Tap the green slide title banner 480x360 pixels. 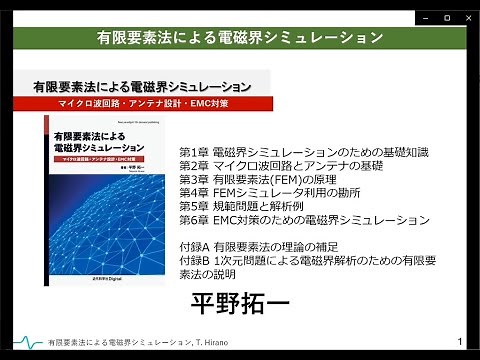click(240, 38)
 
